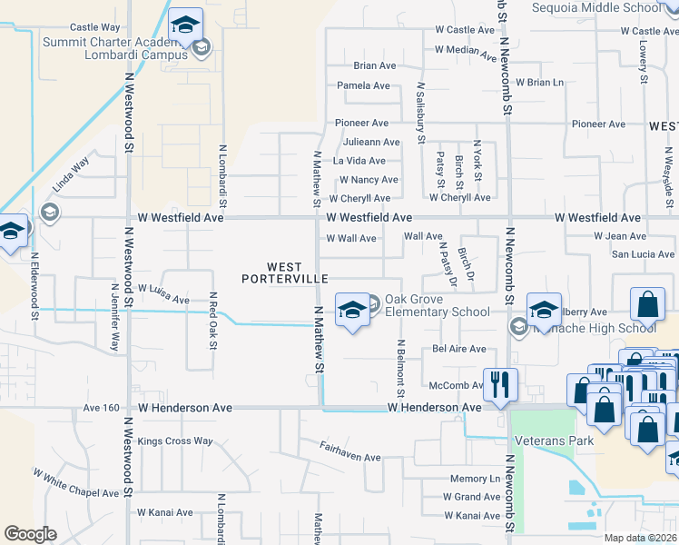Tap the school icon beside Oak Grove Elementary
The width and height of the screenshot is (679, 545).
[x=351, y=310]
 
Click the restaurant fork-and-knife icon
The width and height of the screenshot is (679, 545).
[x=498, y=384]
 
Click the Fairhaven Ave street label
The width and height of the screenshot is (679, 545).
[x=349, y=451]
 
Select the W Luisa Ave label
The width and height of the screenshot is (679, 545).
[x=162, y=292]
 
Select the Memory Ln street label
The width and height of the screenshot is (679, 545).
[x=476, y=479]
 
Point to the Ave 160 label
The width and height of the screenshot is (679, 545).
[x=102, y=408]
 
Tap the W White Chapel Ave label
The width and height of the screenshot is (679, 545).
[x=76, y=484]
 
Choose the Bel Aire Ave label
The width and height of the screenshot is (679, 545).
[x=459, y=349]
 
